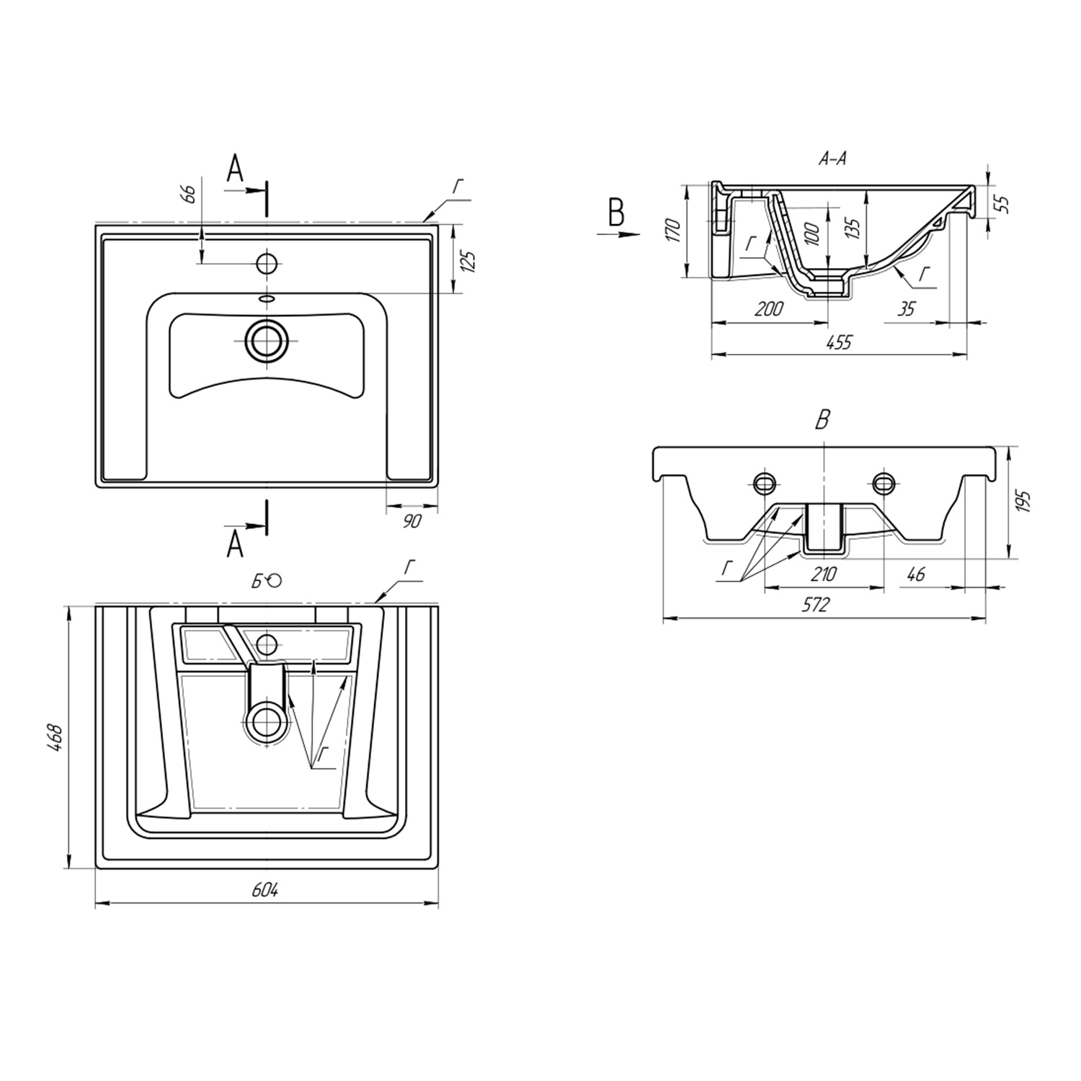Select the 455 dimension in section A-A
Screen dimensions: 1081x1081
tap(839, 343)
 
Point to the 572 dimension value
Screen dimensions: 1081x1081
tap(816, 605)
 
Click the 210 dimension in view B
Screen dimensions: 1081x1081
tap(824, 574)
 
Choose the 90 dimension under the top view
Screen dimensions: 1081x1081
tap(411, 520)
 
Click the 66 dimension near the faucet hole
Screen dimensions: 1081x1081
tap(189, 195)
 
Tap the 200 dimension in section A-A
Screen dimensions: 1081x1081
tap(769, 309)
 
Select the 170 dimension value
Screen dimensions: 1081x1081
tap(673, 229)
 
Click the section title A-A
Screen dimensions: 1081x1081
tap(832, 159)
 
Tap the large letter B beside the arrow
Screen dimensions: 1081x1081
tap(616, 213)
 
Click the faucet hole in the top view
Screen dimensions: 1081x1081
tap(267, 263)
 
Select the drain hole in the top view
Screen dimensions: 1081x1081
tap(267, 340)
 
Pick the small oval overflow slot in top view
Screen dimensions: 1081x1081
tap(267, 298)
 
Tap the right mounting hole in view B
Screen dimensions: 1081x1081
tap(883, 482)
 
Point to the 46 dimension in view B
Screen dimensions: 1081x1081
tap(915, 574)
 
